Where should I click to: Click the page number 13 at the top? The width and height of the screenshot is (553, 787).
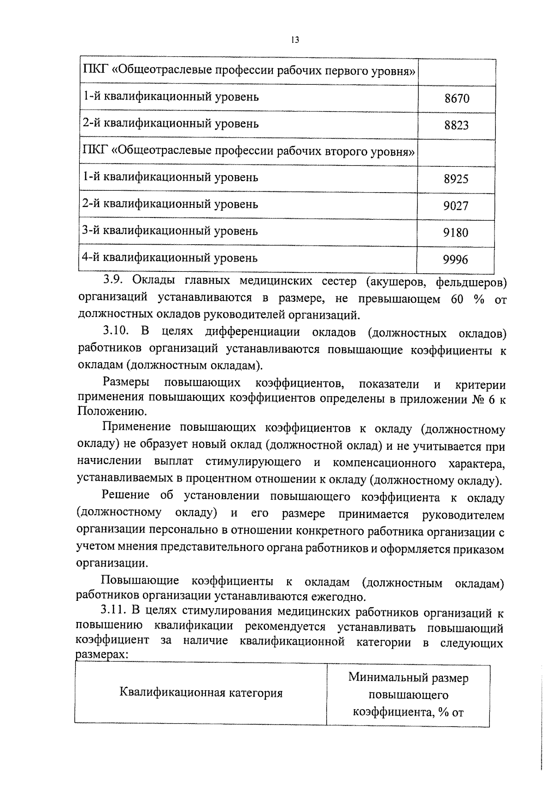click(295, 40)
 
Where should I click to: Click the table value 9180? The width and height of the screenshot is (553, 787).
click(455, 233)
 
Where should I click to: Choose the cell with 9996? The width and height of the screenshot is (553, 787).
click(455, 260)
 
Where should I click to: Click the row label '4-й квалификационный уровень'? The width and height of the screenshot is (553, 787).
click(170, 258)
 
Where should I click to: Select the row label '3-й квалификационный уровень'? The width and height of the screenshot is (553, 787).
click(170, 231)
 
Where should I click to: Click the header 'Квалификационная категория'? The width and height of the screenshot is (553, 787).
click(200, 693)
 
